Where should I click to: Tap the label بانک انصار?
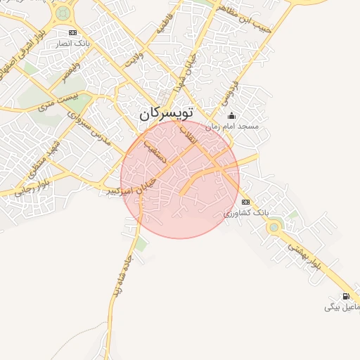coord(73,44)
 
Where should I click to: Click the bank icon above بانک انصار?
coord(73,33)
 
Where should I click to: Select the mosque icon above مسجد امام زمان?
coord(232,116)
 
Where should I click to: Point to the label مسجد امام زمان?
coord(232,127)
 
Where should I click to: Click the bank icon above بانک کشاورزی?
coord(245,202)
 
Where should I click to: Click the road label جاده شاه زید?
coord(120,287)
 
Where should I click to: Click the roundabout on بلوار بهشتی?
coord(274,226)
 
